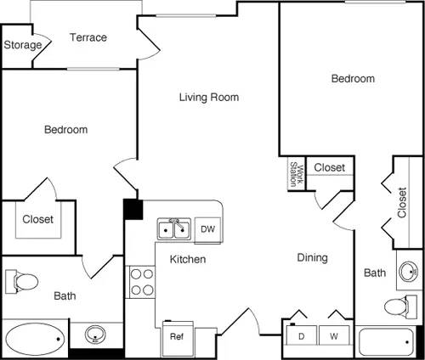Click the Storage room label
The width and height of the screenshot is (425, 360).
22,45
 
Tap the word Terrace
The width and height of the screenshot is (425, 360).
88,37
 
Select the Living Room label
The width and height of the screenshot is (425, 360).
208,97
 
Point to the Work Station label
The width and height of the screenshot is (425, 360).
294,173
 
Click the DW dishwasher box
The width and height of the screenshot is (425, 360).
207,228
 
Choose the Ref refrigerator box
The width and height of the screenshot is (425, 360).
177,336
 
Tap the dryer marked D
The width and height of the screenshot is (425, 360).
302,336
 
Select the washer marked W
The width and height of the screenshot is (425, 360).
334,336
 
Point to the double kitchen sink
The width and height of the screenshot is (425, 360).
173,229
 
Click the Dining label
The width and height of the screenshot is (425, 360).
312,257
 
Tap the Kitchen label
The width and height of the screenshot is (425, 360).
187,259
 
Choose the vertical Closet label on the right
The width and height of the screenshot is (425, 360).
402,202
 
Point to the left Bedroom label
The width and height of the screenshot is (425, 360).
66,130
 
